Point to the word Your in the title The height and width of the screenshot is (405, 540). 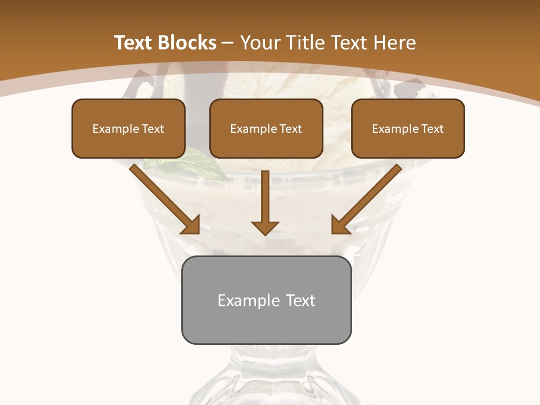tap(260, 43)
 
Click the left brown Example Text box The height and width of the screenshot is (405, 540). tap(128, 129)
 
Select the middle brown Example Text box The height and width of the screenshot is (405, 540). tap(266, 129)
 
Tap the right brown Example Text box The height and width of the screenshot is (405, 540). tap(408, 129)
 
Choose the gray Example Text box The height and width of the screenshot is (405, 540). tap(266, 300)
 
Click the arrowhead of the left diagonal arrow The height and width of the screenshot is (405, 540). tap(191, 225)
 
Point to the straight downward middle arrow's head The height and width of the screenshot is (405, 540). tap(265, 227)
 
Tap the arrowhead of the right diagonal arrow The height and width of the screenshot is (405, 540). tap(340, 225)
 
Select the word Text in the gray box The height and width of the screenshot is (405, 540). tap(300, 300)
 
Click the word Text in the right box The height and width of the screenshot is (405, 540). tap(432, 129)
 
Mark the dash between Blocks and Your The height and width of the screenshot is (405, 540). tap(228, 43)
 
